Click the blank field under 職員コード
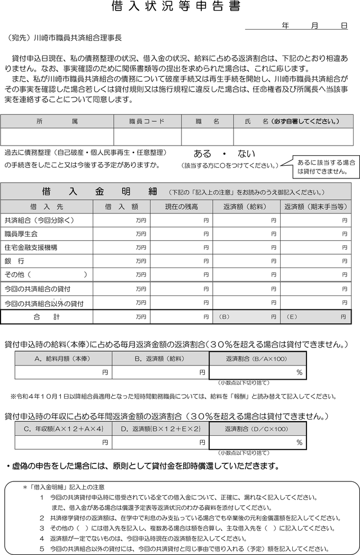click(x=147, y=137)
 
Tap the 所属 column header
click(x=57, y=121)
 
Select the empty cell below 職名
click(x=208, y=137)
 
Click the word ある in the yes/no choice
click(x=202, y=154)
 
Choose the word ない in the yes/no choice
click(x=246, y=154)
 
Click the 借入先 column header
click(x=47, y=206)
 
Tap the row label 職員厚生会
click(x=21, y=234)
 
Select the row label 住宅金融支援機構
click(x=31, y=247)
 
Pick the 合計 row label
click(x=47, y=317)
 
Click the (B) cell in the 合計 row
click(x=247, y=317)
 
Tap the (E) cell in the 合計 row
click(x=316, y=317)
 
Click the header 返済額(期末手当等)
click(x=316, y=206)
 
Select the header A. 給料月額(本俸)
click(x=63, y=359)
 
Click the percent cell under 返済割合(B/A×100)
click(x=258, y=373)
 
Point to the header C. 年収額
click(x=63, y=428)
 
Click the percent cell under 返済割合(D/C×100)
click(x=258, y=442)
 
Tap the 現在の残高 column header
click(x=181, y=206)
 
